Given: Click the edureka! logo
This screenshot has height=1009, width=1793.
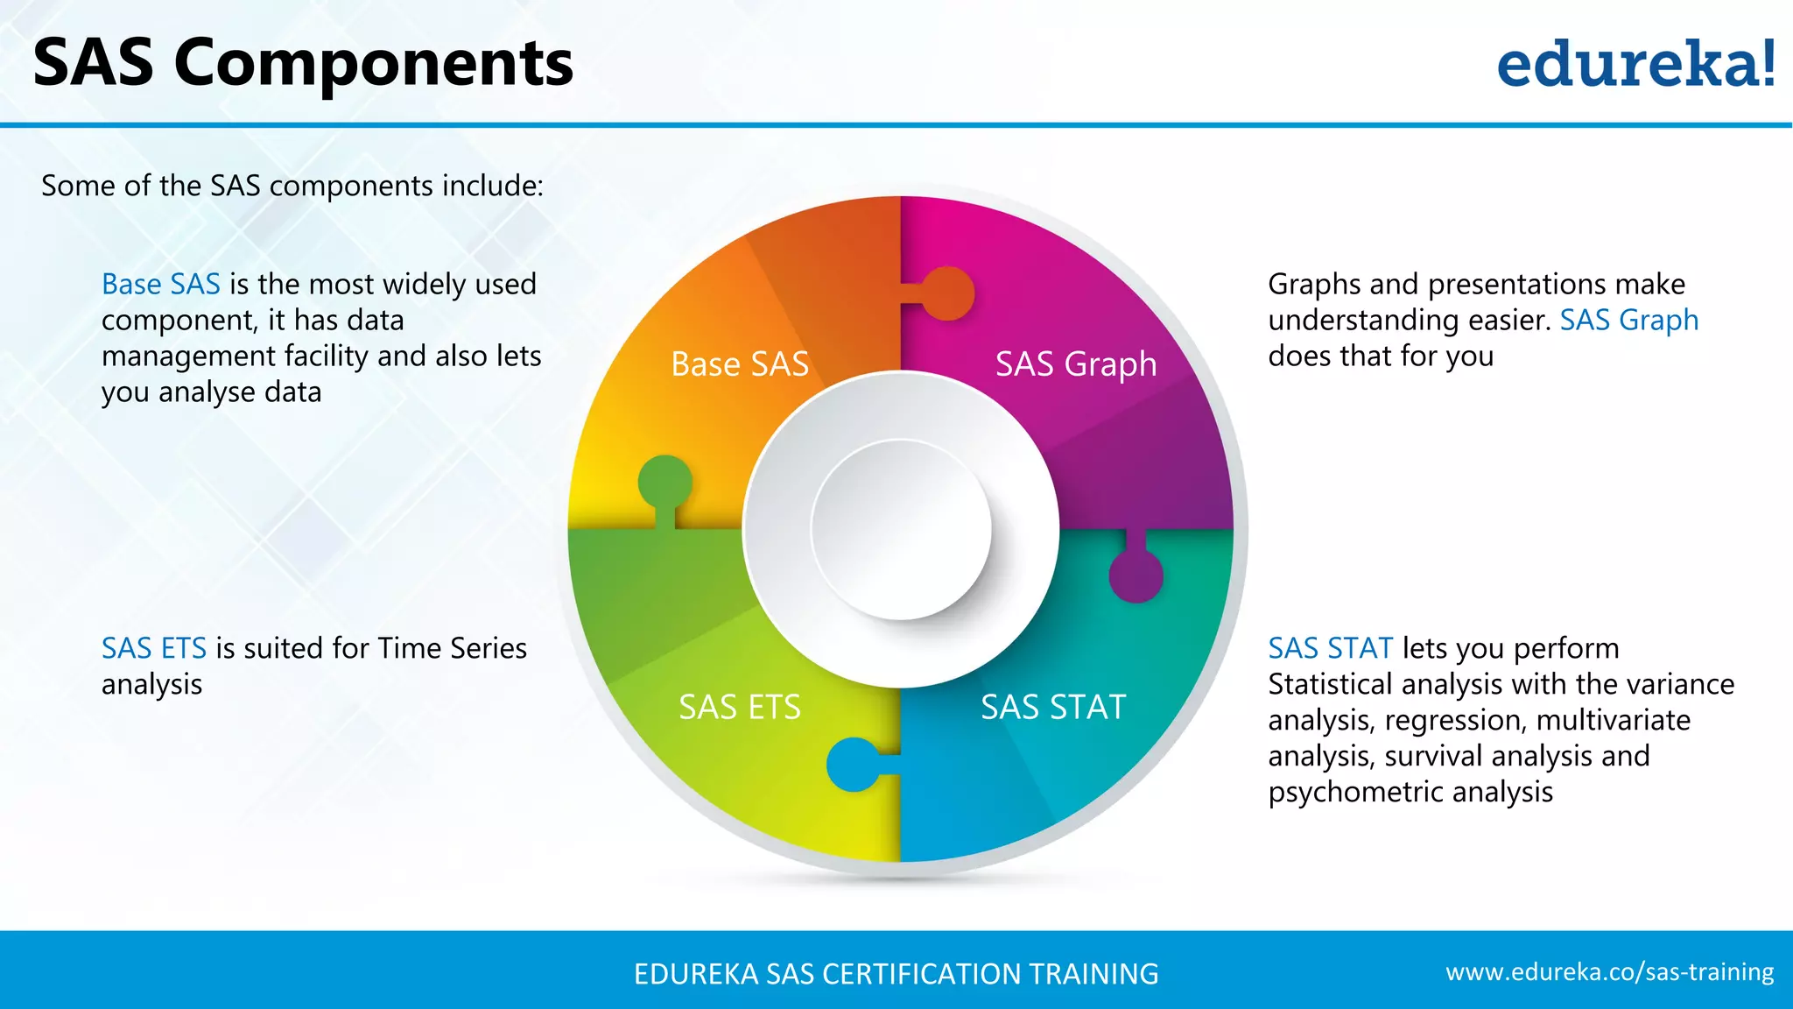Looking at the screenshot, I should tap(1635, 64).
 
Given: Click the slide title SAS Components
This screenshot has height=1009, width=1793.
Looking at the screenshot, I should tap(303, 63).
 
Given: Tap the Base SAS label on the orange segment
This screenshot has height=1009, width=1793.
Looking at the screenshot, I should tap(740, 363).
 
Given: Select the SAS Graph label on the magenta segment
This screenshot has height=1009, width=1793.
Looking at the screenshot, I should tap(1075, 363).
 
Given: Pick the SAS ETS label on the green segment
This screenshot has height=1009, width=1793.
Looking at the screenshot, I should tap(740, 707).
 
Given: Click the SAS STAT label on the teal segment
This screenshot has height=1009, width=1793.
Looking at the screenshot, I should tap(1052, 707).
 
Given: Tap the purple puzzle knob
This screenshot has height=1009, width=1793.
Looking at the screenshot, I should tap(1136, 575).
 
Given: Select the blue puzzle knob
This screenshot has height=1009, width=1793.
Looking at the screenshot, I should tap(854, 764).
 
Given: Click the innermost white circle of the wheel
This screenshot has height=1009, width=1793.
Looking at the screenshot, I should tap(901, 529).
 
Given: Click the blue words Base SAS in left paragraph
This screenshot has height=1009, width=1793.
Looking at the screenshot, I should tap(161, 284).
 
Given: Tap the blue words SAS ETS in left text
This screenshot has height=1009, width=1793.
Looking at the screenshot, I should tap(154, 648).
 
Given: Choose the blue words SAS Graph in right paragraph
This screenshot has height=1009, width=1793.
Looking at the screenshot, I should tap(1628, 320).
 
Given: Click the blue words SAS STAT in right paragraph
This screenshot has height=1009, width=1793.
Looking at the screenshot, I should tap(1330, 648).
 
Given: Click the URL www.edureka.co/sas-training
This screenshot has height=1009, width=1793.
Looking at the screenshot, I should tap(1609, 972).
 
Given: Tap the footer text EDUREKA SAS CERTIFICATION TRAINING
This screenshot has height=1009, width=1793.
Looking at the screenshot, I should tap(896, 974).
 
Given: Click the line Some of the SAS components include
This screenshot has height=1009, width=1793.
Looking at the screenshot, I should tap(292, 186).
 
